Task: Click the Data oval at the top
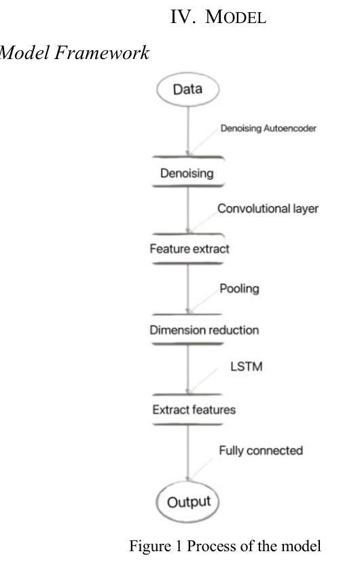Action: point(187,90)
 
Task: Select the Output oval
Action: point(187,502)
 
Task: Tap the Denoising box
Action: point(187,172)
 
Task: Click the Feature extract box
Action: point(188,248)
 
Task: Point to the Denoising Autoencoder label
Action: point(268,128)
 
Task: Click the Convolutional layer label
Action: point(268,208)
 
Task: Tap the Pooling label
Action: point(239,289)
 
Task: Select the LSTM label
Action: point(247,367)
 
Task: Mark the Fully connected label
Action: point(261,451)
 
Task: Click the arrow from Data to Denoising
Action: point(188,132)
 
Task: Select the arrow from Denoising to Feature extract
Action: point(188,210)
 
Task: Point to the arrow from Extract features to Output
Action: point(188,453)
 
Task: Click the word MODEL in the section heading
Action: point(236,17)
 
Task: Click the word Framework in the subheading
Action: point(102,53)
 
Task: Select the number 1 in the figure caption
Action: point(179,546)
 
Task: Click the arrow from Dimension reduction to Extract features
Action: point(188,369)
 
